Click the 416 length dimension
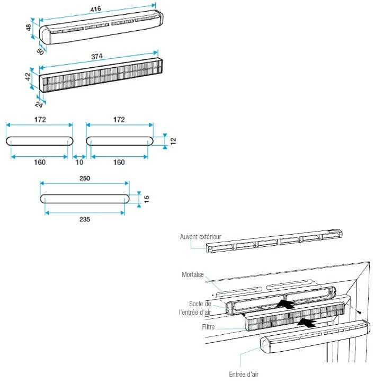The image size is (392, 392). click(x=96, y=10)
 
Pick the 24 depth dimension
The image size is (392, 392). click(x=39, y=104)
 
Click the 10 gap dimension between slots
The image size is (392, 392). click(x=79, y=162)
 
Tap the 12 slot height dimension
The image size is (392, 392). click(x=173, y=140)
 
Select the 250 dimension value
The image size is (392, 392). click(x=84, y=179)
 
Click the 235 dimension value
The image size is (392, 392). click(x=84, y=219)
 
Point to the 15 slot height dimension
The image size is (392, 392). click(x=147, y=199)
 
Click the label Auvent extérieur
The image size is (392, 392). click(x=200, y=236)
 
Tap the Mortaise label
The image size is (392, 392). click(x=192, y=275)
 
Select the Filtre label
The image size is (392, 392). click(x=208, y=327)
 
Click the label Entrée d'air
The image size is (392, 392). click(x=244, y=374)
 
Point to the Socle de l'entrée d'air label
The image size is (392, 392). click(x=195, y=308)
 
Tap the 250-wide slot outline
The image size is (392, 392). click(x=85, y=199)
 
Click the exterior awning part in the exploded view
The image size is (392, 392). click(x=275, y=241)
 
